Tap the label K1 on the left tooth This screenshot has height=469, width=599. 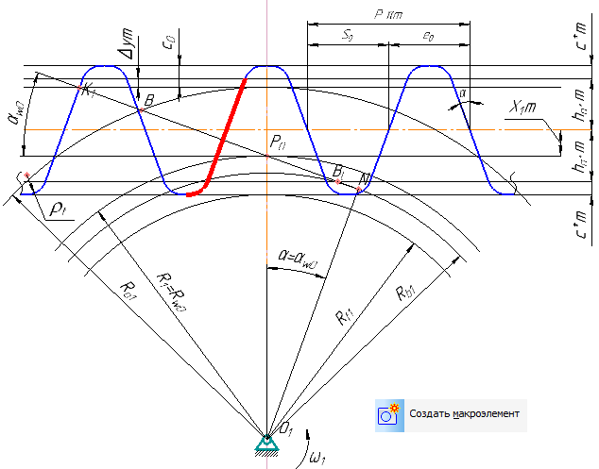[89, 91]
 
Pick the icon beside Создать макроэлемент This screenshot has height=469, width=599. [388, 413]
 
